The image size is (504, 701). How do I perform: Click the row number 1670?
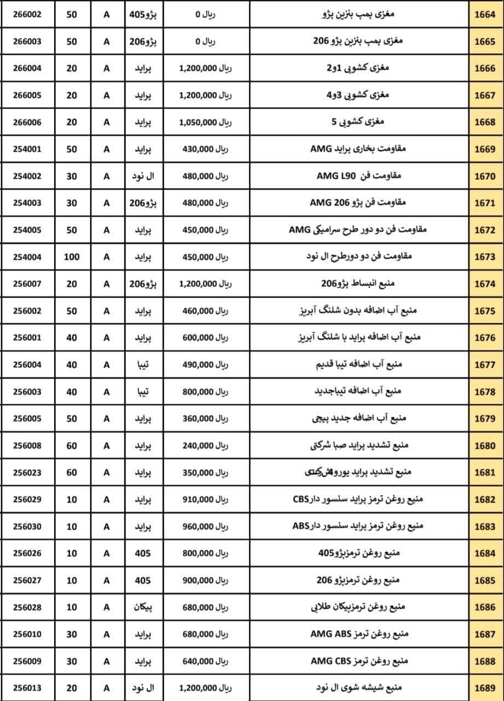pos(485,176)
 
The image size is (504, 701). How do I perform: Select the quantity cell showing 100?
pos(72,257)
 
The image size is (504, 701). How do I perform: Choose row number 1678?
pos(485,392)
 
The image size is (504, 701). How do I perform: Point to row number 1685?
pos(485,580)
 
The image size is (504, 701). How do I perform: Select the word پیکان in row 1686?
pos(144,607)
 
